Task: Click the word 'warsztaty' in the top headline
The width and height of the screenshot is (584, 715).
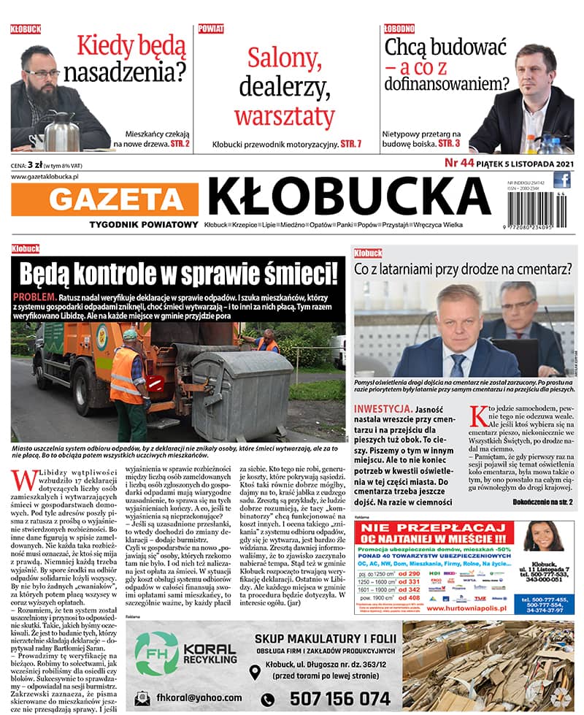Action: click(x=284, y=115)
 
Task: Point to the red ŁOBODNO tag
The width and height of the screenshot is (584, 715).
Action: click(x=399, y=28)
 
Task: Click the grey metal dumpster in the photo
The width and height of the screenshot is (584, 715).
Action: click(x=242, y=380)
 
